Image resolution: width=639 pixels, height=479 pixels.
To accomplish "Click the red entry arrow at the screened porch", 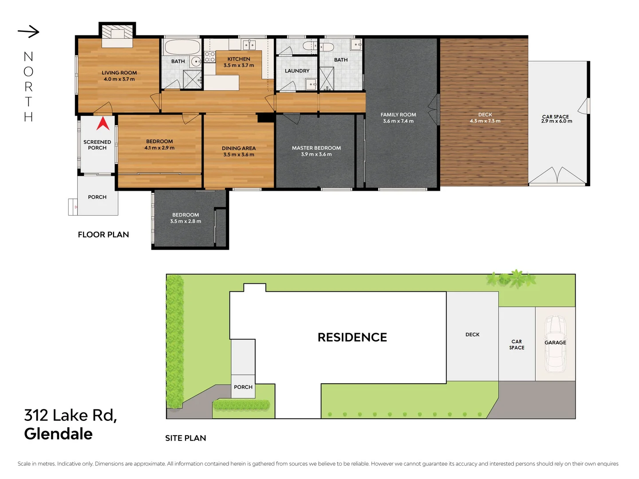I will (x=103, y=123).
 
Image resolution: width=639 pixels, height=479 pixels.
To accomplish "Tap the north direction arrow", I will (x=29, y=31).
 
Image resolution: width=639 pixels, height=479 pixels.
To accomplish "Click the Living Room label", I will (x=119, y=73).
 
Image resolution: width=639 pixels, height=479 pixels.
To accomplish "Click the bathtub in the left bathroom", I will (x=182, y=47).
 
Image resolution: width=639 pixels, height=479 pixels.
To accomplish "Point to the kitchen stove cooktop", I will (x=209, y=57).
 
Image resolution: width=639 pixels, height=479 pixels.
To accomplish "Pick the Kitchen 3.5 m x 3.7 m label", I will (x=239, y=62).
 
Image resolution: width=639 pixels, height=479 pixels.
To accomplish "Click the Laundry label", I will (x=297, y=71).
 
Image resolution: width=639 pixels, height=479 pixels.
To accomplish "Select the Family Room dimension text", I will (x=398, y=121).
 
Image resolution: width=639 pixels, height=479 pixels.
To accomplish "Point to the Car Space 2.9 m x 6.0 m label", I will (x=556, y=119).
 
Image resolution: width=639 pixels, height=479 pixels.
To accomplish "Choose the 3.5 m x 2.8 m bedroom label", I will (x=185, y=218).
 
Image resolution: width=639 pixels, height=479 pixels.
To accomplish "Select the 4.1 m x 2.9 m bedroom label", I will (x=159, y=145).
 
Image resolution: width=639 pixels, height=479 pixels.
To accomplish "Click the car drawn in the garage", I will (x=555, y=344).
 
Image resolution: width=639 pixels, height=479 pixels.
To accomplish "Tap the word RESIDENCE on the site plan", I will (x=352, y=338).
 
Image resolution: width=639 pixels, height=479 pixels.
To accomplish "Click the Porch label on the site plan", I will (x=243, y=387).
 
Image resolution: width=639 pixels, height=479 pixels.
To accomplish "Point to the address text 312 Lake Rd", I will (x=71, y=416).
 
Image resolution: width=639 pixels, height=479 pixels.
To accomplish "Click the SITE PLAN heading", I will (x=185, y=438).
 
